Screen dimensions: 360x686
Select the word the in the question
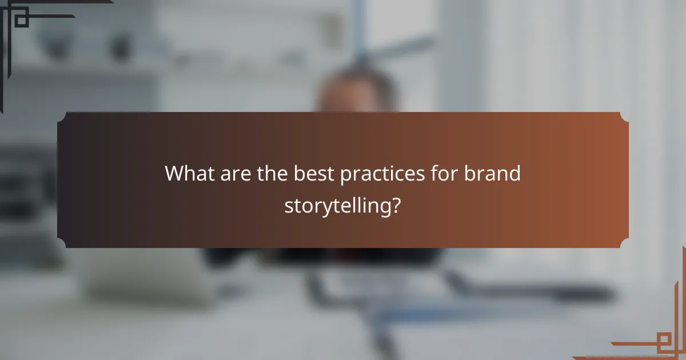click(272, 173)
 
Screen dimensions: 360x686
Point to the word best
click(314, 173)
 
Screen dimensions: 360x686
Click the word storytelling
click(337, 206)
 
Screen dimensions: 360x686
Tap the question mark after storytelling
click(396, 205)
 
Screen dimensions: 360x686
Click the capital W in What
click(175, 173)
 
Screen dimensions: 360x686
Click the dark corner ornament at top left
click(23, 23)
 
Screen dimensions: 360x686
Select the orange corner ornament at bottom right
click(657, 337)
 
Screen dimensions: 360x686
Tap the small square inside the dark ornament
click(21, 21)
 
